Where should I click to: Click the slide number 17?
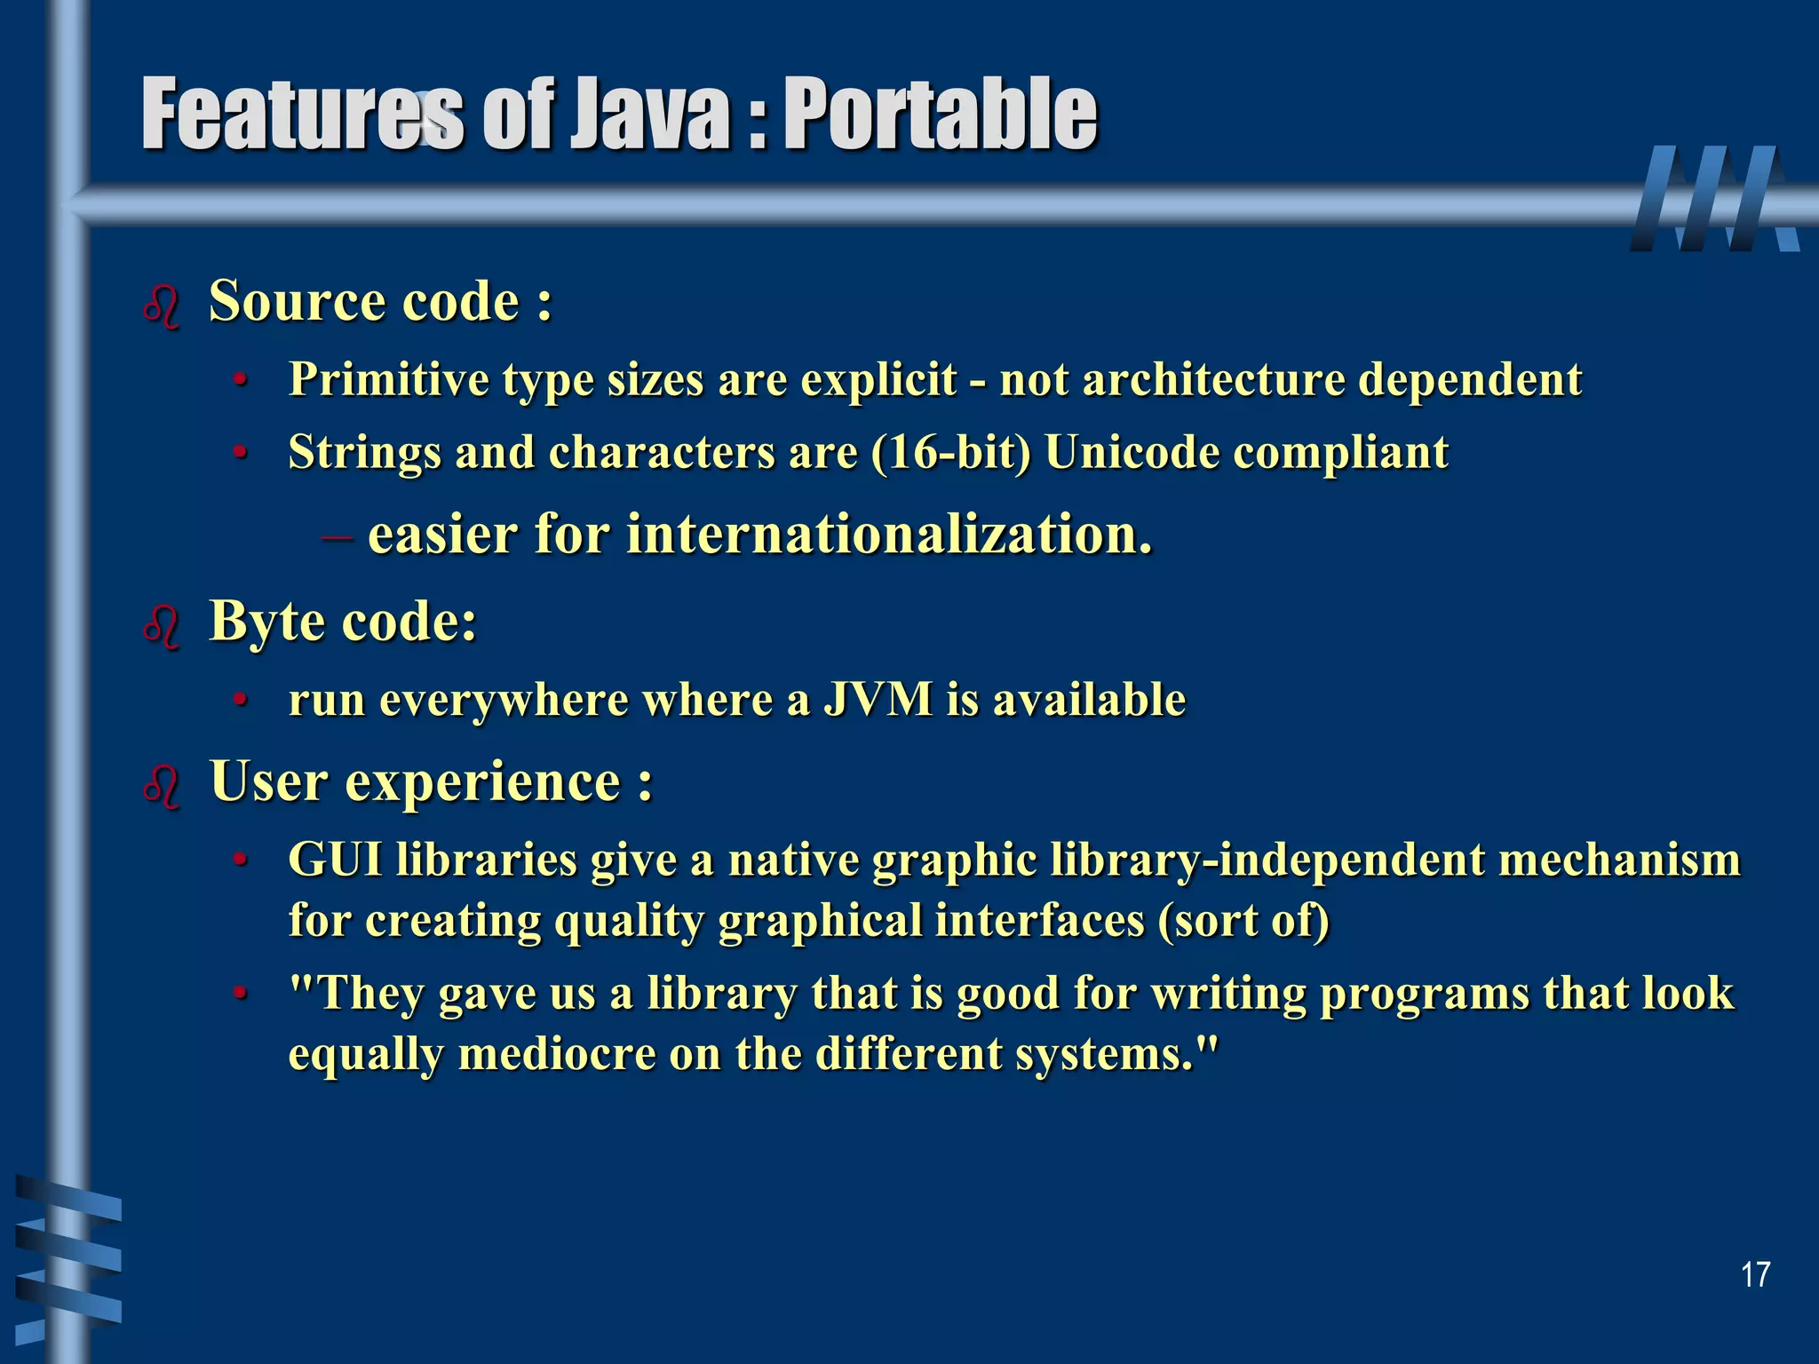pyautogui.click(x=1755, y=1274)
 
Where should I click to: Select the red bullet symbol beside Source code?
pyautogui.click(x=162, y=307)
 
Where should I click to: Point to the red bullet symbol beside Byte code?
pyautogui.click(x=162, y=627)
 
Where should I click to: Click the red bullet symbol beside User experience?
pyautogui.click(x=162, y=787)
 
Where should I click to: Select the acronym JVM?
pyautogui.click(x=878, y=699)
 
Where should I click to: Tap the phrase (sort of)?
pyautogui.click(x=1243, y=920)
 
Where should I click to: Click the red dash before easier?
pyautogui.click(x=337, y=535)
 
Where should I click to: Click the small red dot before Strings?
pyautogui.click(x=238, y=453)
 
